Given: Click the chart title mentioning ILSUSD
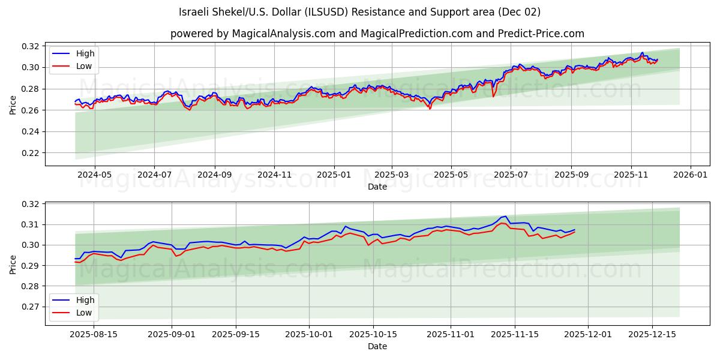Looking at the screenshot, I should coord(359,12).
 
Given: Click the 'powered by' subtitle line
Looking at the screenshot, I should coord(377,34).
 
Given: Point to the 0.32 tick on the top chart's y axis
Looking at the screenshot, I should coord(31,46).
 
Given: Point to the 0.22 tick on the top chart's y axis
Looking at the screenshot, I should coord(31,153).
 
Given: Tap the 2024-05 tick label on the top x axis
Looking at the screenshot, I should coord(95,175).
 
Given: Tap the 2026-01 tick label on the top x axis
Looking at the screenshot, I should coord(690,175).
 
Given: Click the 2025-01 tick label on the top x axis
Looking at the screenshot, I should coord(334,175).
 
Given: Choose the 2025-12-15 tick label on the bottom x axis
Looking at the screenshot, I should coord(652,334).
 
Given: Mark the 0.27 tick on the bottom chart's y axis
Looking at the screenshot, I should coord(31,307).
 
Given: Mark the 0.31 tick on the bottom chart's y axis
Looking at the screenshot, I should coord(31,224).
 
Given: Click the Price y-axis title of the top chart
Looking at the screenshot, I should coord(13,104).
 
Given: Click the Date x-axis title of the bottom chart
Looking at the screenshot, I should coord(377,346).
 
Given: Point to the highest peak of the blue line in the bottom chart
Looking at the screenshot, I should coord(505,217).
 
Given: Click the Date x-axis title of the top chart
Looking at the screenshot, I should coord(377,187).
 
